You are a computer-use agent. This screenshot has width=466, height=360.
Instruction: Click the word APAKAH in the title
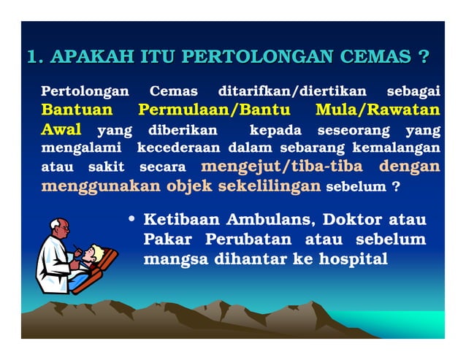click(x=90, y=58)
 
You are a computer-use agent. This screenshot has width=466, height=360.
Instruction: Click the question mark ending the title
click(x=423, y=58)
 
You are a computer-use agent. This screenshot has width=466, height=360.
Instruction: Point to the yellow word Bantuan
click(x=77, y=111)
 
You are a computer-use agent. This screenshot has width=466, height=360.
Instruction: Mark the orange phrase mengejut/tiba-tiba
click(x=281, y=166)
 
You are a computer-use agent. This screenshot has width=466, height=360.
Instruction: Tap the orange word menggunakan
click(x=100, y=185)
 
